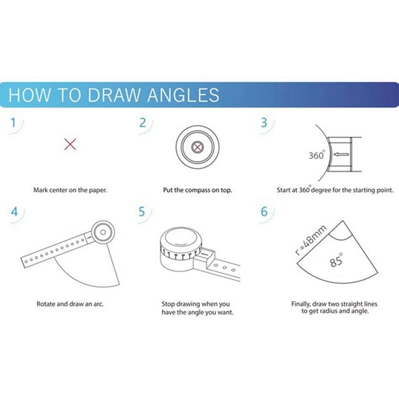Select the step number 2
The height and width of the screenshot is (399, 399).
coord(143,122)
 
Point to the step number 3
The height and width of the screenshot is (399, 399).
coord(264,122)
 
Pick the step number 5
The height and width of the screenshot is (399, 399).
coord(143,211)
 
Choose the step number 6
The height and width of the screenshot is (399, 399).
coord(264,211)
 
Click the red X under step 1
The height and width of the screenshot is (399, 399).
coord(70,145)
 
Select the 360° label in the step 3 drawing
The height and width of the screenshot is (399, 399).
coord(317,155)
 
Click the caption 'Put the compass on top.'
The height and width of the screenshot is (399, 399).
coord(198,190)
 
